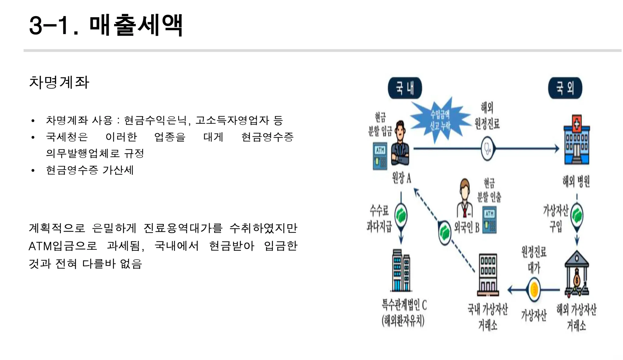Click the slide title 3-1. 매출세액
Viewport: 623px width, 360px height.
click(106, 25)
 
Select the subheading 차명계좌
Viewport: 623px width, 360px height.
click(59, 82)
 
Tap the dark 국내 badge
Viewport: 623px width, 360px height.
click(405, 88)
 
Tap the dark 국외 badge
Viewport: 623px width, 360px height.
click(565, 88)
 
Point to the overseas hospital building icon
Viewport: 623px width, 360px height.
click(576, 140)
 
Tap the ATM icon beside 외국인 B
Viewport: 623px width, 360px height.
click(489, 220)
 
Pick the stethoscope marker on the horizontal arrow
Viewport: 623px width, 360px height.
click(488, 149)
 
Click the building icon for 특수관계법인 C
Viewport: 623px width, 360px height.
click(402, 271)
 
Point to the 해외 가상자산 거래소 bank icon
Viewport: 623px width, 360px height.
click(576, 274)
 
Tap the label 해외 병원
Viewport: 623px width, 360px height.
click(576, 181)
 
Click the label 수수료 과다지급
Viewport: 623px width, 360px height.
click(379, 218)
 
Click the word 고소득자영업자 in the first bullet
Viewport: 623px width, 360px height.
click(232, 121)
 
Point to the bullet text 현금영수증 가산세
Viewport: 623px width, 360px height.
click(90, 170)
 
